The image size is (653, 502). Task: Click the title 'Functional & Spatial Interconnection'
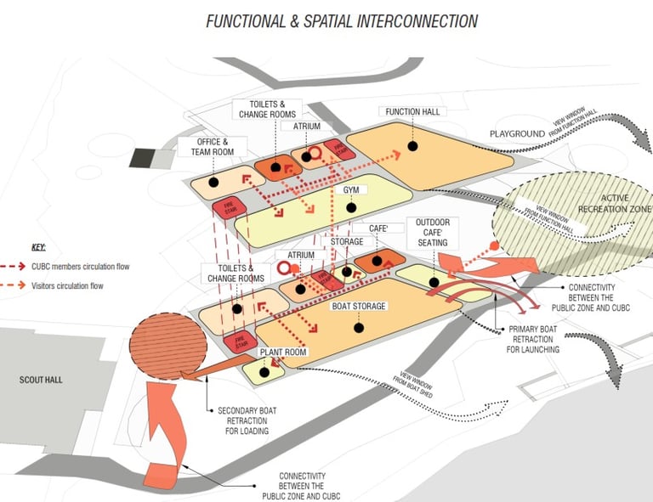[x=342, y=21]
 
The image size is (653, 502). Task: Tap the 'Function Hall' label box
[x=414, y=112]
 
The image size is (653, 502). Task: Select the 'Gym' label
[x=349, y=190]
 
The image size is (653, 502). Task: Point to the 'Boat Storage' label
[x=358, y=306]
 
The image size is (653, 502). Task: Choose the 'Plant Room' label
[x=283, y=352]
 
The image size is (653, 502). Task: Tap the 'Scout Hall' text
[x=41, y=380]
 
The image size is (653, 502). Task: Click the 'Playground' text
[x=516, y=134]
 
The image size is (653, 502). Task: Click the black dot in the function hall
[x=412, y=146]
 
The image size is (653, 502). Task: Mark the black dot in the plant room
[x=264, y=371]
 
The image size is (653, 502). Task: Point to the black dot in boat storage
[x=359, y=327]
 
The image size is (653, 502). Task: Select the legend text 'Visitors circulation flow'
[x=67, y=286]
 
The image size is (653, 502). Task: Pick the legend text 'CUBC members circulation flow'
[x=80, y=267]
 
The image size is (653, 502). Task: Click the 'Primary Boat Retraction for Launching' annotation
[x=534, y=339]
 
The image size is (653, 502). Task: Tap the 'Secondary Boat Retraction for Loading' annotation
[x=243, y=420]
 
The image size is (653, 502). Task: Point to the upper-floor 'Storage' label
[x=347, y=242]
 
